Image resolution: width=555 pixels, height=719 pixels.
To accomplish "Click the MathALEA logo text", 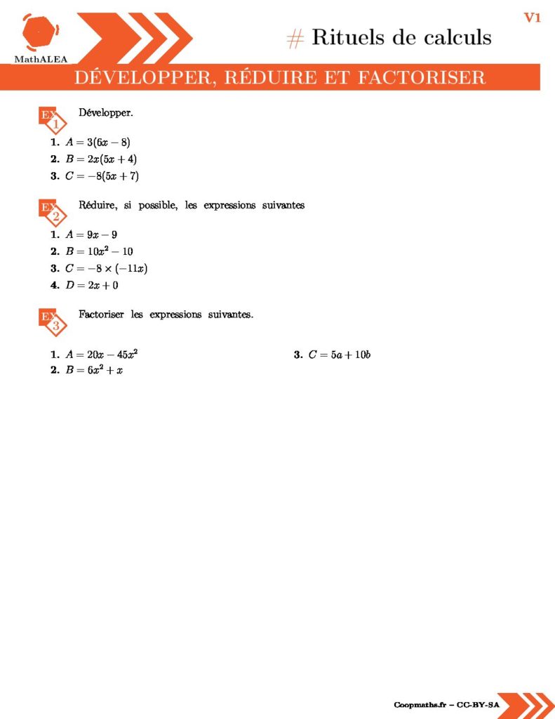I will (x=41, y=60).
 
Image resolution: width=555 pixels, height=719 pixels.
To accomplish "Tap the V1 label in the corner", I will (x=532, y=18).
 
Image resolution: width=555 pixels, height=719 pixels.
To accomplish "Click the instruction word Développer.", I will (x=101, y=112).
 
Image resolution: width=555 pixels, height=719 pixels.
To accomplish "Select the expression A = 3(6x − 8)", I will (x=98, y=143).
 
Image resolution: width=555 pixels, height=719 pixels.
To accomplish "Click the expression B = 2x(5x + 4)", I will (x=101, y=159).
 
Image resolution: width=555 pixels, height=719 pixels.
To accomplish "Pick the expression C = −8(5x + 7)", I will (x=102, y=176).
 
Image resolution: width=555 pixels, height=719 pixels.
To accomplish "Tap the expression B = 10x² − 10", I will (x=99, y=251).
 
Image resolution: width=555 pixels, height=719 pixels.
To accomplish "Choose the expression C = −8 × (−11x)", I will (x=109, y=268).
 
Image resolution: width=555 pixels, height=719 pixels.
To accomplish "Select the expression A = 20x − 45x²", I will (x=107, y=354).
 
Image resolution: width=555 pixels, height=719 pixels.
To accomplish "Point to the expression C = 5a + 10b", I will (x=340, y=355).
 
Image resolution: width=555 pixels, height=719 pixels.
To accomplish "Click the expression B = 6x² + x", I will (x=94, y=370).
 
